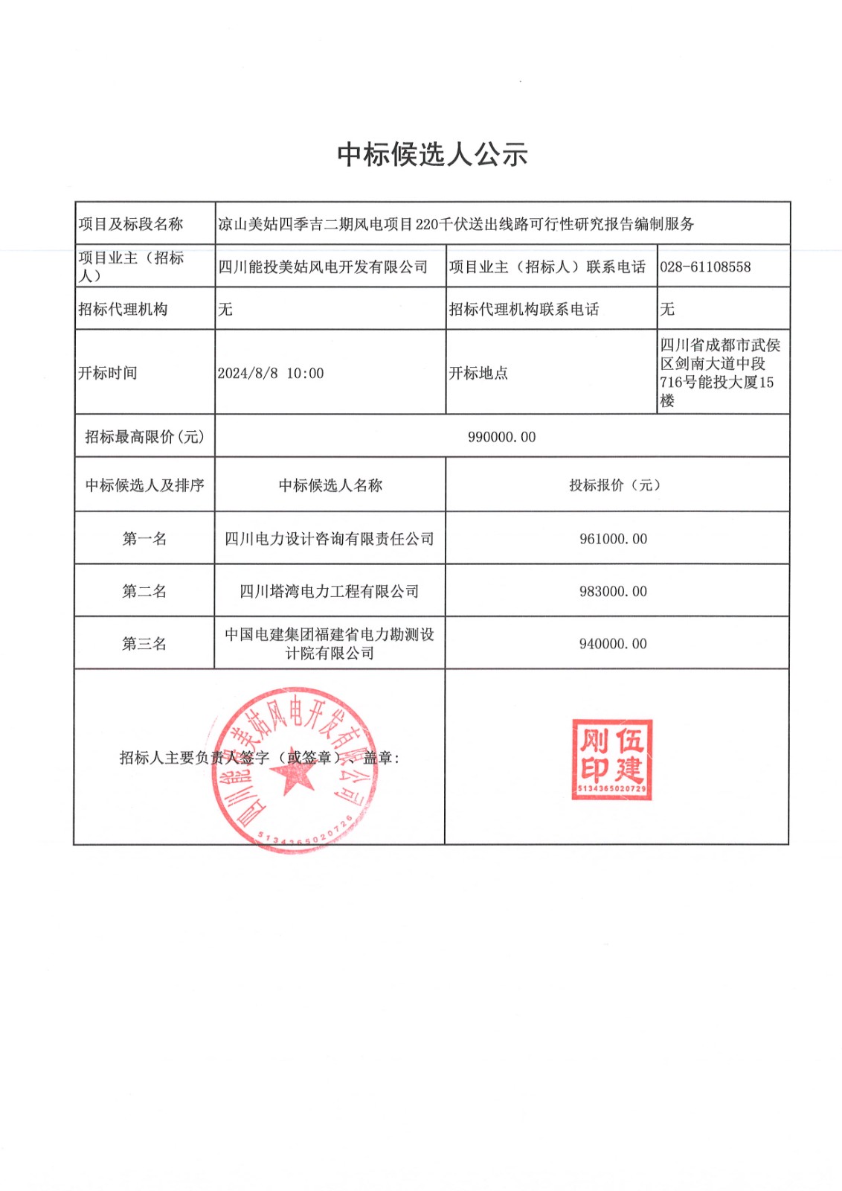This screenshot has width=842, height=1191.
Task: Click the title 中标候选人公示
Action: (432, 154)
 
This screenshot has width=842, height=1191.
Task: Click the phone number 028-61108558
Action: (705, 266)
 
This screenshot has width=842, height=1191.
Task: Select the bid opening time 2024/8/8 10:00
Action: (271, 373)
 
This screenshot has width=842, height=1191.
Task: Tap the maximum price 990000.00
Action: (501, 437)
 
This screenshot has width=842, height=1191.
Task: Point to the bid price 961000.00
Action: (613, 538)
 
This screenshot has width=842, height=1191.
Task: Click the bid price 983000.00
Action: (613, 591)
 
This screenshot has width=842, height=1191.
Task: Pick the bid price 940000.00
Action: (613, 643)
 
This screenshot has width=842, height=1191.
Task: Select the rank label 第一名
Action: (144, 538)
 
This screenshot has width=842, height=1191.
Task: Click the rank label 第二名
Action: (144, 591)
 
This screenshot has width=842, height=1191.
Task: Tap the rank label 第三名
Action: (144, 643)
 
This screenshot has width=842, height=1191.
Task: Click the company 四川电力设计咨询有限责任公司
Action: (330, 538)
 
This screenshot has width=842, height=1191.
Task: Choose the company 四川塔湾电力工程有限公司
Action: (330, 591)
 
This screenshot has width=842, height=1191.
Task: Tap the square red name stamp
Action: (611, 759)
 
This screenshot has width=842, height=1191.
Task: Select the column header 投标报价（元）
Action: (614, 485)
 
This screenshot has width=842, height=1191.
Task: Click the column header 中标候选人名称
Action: (330, 485)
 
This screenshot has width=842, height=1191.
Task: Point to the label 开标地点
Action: (478, 373)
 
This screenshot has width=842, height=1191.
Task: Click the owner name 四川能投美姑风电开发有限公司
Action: (323, 266)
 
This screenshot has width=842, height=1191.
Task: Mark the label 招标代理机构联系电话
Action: (524, 309)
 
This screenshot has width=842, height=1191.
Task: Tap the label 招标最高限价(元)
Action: (144, 437)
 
